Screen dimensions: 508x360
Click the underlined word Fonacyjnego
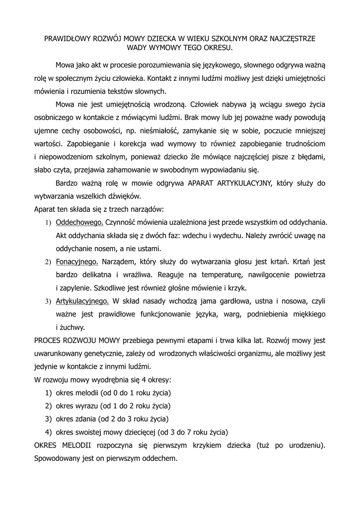[x=77, y=261]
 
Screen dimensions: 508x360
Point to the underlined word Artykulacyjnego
[x=82, y=301]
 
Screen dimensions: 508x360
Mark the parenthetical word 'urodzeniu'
[x=303, y=445]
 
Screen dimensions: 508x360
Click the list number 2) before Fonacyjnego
[x=49, y=262]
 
